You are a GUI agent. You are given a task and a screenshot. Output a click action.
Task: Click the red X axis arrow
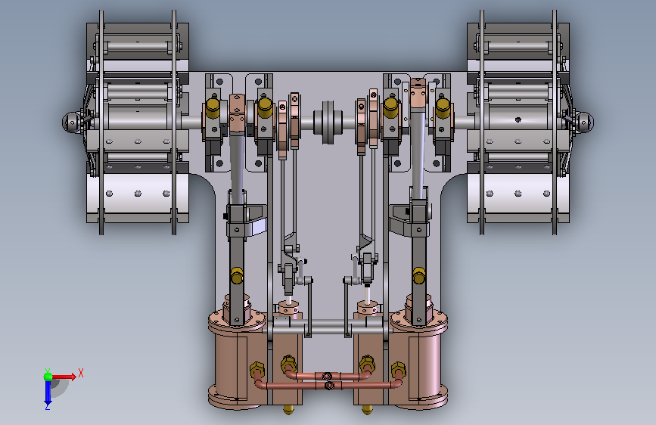click(x=64, y=377)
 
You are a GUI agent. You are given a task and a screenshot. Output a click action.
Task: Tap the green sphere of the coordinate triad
click(x=48, y=377)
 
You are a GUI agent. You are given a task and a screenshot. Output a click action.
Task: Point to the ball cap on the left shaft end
click(x=71, y=123)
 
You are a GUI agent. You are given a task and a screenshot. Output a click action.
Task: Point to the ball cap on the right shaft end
click(x=584, y=123)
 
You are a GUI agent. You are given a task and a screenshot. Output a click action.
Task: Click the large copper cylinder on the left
click(x=238, y=360)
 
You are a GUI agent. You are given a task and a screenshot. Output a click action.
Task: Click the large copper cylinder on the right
click(x=418, y=360)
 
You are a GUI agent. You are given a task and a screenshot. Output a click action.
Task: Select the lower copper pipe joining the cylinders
click(x=329, y=385)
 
